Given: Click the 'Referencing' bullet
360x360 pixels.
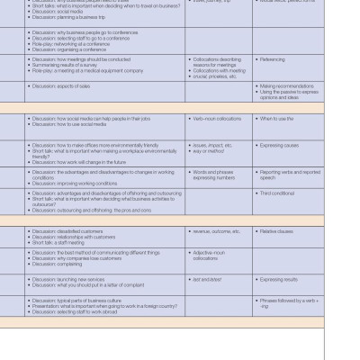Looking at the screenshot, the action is pyautogui.click(x=273, y=59).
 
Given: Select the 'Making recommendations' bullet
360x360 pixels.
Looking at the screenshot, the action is pyautogui.click(x=288, y=86).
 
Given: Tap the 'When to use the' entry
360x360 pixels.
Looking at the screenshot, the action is pyautogui.click(x=276, y=119).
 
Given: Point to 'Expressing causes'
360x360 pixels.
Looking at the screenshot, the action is pyautogui.click(x=279, y=145).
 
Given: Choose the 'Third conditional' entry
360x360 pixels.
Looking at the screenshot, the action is pyautogui.click(x=277, y=193).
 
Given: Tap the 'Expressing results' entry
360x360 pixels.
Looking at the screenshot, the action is pyautogui.click(x=279, y=280).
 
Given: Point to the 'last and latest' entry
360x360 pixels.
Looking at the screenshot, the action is pyautogui.click(x=206, y=280).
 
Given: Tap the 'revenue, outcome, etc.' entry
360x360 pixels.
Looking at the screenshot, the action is pyautogui.click(x=216, y=231).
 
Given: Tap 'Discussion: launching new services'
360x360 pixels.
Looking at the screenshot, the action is pyautogui.click(x=68, y=280).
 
